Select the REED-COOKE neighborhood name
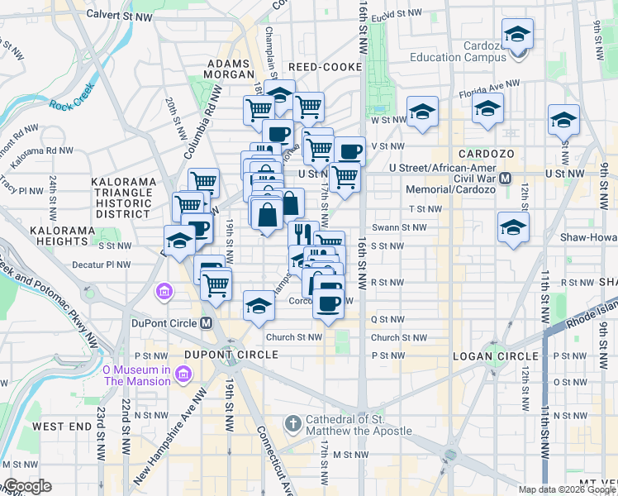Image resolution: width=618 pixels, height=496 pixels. tap(325, 66)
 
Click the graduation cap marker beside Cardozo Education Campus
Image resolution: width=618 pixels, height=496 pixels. tap(517, 35)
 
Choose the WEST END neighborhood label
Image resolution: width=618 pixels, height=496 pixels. tap(61, 426)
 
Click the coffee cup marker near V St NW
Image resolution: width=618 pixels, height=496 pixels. tap(349, 151)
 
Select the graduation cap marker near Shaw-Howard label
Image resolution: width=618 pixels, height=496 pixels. tap(513, 228)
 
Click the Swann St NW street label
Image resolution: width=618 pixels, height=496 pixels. tap(399, 227)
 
